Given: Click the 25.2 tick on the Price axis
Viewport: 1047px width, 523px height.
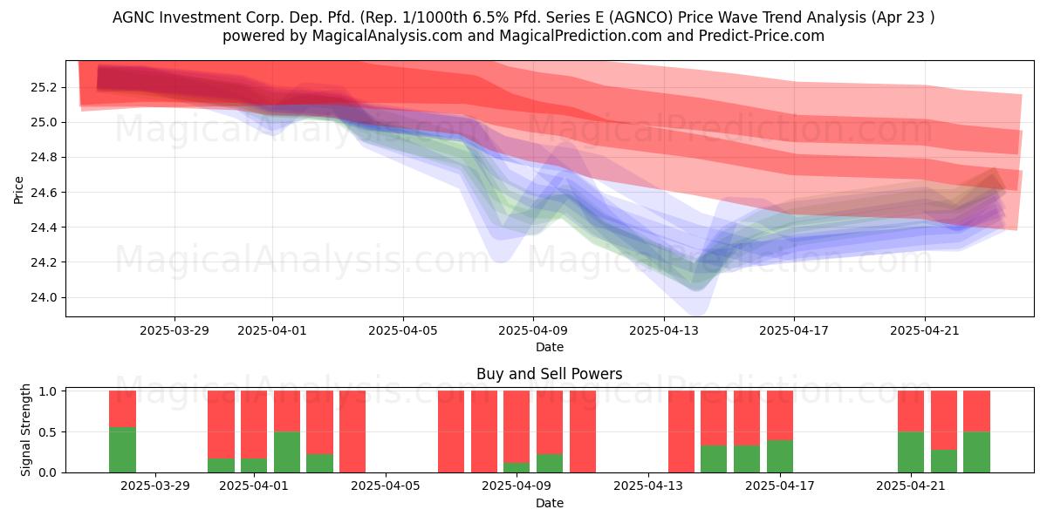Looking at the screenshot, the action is (43, 88).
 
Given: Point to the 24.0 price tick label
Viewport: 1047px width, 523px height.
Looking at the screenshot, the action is (43, 297).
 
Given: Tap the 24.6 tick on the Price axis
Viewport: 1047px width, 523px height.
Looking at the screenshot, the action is (43, 193).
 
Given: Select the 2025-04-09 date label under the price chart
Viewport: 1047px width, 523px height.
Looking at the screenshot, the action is (533, 330).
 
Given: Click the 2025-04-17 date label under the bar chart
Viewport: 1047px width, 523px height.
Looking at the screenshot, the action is (780, 486).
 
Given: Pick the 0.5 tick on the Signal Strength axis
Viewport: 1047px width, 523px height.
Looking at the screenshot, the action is (48, 432).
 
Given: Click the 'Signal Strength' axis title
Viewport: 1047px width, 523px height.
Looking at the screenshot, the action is (25, 430).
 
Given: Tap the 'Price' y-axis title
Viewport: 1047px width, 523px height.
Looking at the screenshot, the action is (18, 190).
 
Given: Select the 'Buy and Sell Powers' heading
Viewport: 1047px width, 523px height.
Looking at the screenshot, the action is (549, 374).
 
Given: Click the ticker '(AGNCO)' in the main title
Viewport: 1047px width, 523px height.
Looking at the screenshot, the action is (643, 17).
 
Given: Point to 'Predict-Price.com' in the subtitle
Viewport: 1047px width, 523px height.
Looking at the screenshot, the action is (762, 36).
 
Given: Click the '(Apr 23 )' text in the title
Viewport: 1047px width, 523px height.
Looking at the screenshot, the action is (902, 17).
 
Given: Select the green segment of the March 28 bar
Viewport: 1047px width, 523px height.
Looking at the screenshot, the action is (122, 450).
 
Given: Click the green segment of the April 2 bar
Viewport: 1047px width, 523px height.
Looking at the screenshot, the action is (287, 452).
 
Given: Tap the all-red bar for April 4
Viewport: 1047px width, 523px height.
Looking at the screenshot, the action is (352, 431).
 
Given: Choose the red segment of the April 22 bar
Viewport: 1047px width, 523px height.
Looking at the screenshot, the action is (944, 420).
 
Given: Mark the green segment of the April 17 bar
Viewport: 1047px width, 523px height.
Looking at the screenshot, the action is (780, 456).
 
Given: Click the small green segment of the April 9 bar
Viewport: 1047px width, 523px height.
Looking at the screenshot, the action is (517, 467).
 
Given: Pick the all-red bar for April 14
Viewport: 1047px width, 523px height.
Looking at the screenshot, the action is (681, 431).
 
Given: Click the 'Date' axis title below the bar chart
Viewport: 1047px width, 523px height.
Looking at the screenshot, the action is (549, 503).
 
